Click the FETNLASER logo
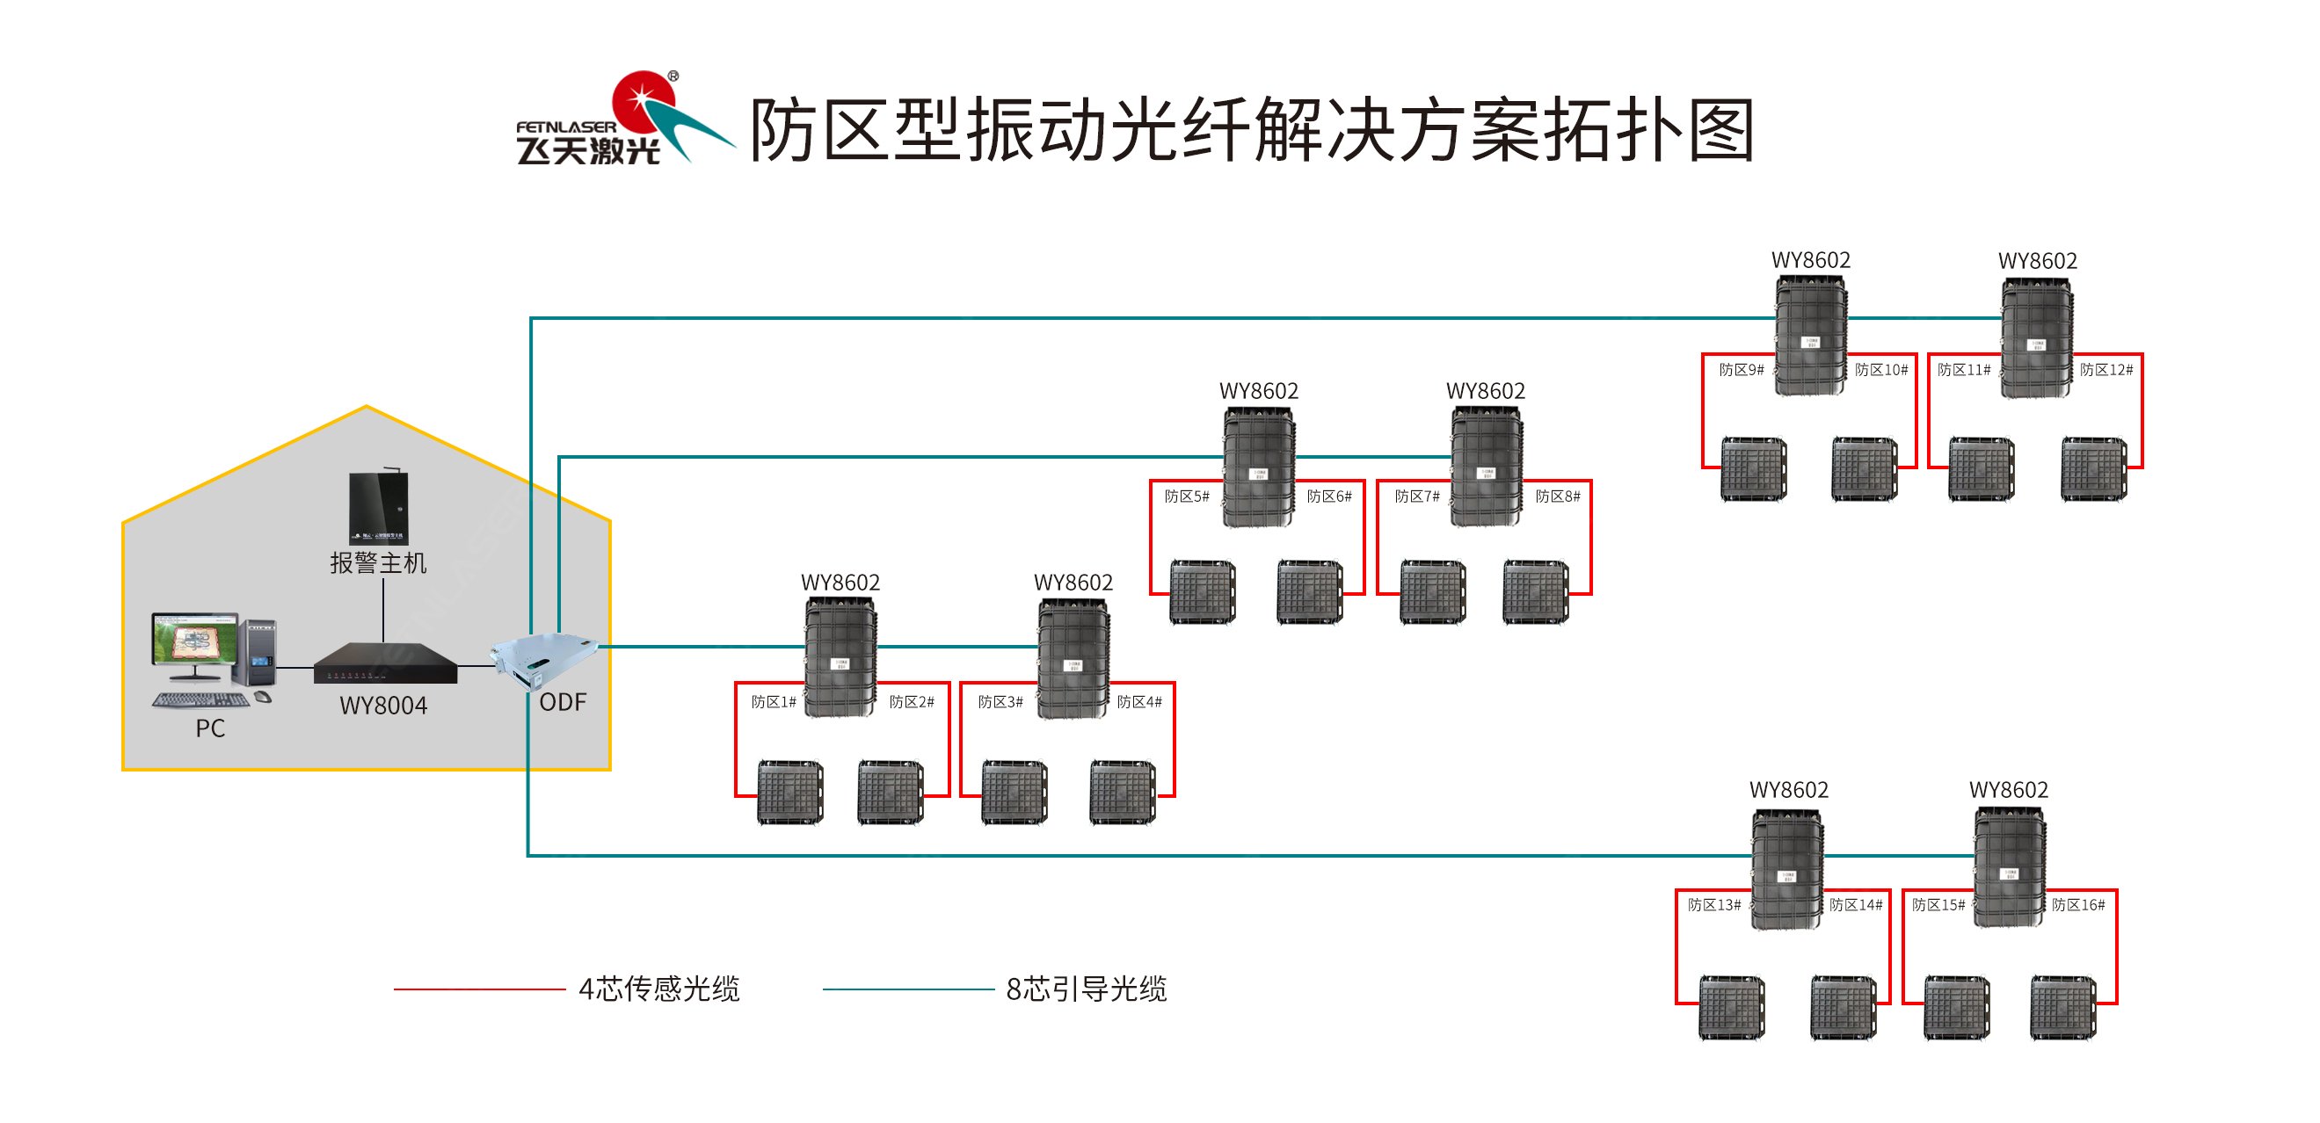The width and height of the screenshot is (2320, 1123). tap(622, 121)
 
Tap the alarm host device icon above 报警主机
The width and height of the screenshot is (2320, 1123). tap(378, 507)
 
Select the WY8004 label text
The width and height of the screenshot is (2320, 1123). tap(382, 706)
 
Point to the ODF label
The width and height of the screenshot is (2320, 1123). tap(562, 702)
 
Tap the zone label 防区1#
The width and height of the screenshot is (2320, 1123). tap(774, 702)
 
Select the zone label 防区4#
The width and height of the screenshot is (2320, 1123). tap(1139, 702)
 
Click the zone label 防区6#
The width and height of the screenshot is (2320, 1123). tap(1329, 497)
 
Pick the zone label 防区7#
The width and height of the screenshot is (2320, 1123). tap(1416, 497)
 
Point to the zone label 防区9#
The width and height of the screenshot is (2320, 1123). tap(1741, 370)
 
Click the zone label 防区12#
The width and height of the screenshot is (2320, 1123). tap(2105, 370)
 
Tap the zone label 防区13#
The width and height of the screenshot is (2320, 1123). tap(1714, 905)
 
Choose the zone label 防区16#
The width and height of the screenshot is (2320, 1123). tap(2077, 905)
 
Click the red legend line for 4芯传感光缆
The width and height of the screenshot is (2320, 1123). tap(479, 989)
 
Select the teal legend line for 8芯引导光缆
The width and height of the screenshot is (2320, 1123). tap(908, 989)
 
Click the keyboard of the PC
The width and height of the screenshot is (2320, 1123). tap(200, 699)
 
